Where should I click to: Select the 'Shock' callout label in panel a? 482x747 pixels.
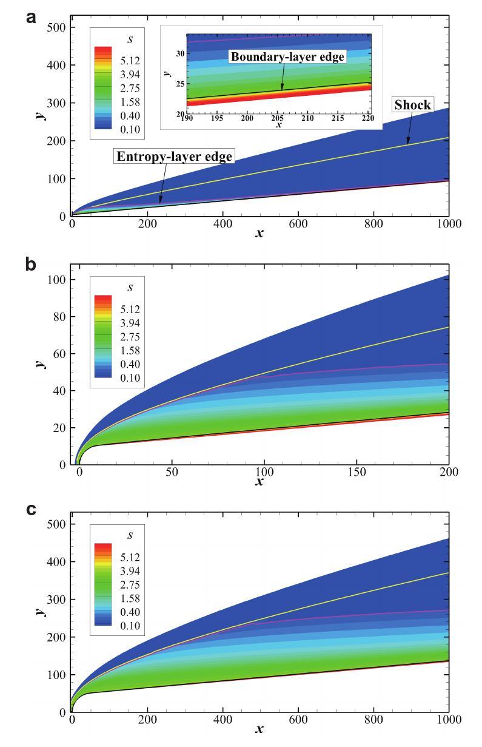coord(412,105)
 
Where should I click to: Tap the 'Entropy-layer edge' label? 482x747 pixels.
coord(175,157)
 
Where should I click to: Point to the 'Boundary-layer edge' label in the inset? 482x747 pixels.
coord(287,57)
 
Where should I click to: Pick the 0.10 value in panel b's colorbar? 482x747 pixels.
coord(127,378)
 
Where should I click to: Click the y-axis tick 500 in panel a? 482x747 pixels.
coord(58,27)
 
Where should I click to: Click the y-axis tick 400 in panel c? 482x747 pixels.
coord(58,562)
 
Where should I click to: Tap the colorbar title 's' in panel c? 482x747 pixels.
coord(130,535)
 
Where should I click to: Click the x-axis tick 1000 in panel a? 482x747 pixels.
coord(448,224)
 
